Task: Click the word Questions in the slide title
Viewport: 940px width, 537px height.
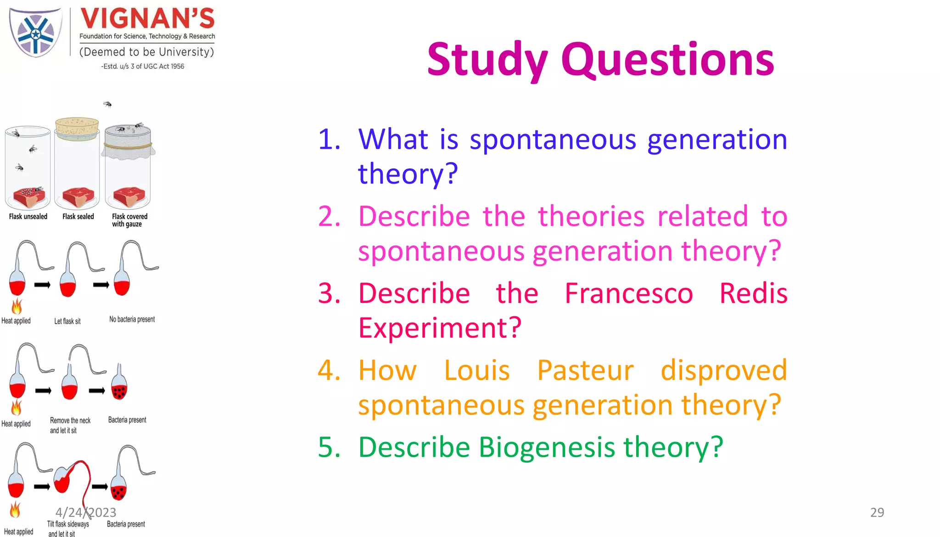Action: click(667, 60)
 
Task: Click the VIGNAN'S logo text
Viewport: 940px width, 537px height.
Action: click(147, 19)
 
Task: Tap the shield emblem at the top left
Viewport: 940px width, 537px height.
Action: click(36, 33)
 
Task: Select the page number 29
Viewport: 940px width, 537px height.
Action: click(877, 512)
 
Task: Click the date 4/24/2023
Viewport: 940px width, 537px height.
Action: click(86, 512)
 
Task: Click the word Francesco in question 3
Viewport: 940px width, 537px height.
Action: click(628, 293)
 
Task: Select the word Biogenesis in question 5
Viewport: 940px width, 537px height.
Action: click(546, 447)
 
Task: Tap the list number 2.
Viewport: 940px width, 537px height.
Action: click(329, 216)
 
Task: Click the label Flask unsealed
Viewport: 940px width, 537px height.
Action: click(28, 217)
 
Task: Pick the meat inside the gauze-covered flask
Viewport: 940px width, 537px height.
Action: click(129, 197)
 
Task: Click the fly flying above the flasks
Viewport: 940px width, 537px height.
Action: click(107, 104)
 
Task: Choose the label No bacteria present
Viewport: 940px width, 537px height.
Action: click(132, 319)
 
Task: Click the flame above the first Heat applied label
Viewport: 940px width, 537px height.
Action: click(17, 306)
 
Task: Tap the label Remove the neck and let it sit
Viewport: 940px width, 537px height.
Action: click(70, 425)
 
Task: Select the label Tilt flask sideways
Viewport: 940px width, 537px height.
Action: click(68, 524)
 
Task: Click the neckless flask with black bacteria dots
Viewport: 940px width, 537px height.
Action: click(119, 388)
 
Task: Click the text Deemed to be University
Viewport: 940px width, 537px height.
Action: click(146, 52)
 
